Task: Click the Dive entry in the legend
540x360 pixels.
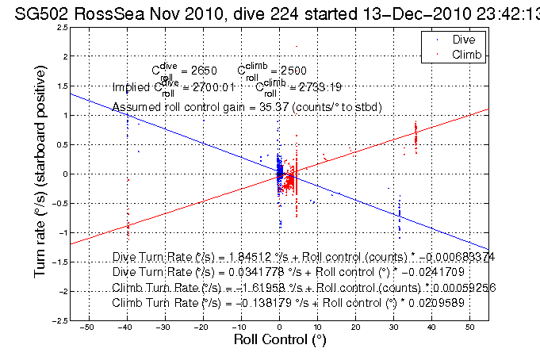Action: pos(462,39)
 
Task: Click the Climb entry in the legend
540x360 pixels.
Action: pos(465,53)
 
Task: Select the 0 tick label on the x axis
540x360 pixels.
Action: pos(279,326)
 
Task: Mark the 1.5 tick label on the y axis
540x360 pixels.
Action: pos(60,86)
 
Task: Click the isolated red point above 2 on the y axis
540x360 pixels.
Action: pos(297,46)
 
